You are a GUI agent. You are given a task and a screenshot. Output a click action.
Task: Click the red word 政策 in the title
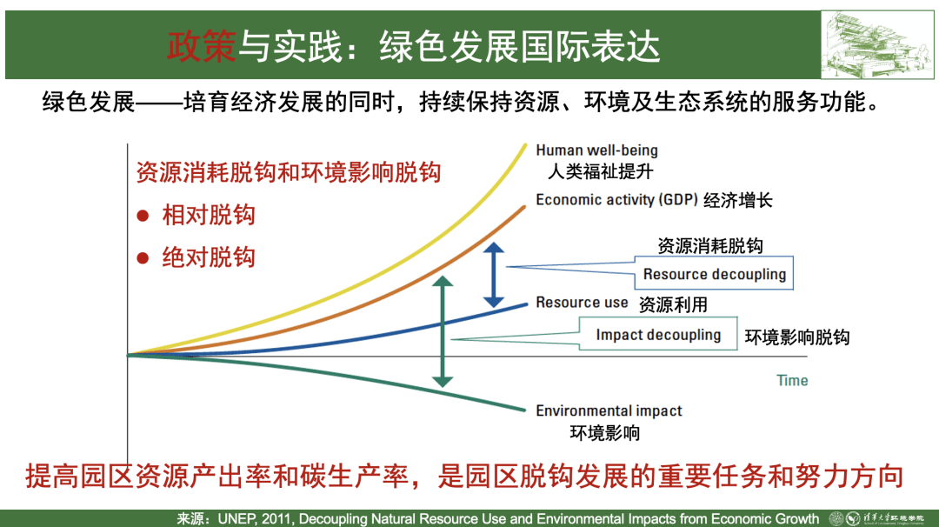(x=202, y=46)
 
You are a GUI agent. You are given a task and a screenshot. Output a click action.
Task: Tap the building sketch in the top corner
(x=876, y=44)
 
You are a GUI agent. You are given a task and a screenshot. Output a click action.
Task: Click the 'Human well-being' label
(x=596, y=150)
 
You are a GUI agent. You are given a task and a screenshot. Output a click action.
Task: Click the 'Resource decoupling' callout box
(x=714, y=274)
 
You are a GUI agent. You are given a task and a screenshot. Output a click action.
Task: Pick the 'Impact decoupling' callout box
(x=658, y=334)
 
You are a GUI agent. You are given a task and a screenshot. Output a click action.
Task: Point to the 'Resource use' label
(x=582, y=303)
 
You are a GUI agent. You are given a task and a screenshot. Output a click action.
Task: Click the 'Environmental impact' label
(x=609, y=410)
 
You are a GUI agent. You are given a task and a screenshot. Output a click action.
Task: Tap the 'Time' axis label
(x=792, y=380)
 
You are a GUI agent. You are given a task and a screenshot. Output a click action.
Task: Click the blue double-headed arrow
(x=494, y=276)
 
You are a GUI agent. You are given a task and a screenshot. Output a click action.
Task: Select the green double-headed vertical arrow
(x=443, y=332)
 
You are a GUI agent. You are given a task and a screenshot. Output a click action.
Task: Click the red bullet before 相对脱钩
(x=143, y=216)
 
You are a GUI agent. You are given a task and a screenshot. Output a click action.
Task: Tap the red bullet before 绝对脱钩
(x=143, y=258)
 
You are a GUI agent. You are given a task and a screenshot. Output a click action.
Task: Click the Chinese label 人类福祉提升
(x=600, y=172)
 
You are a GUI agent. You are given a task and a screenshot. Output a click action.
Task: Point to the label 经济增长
(x=738, y=200)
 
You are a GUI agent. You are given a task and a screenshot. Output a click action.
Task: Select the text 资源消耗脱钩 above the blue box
(x=710, y=245)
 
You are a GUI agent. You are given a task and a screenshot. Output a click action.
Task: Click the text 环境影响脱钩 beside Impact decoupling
(x=797, y=337)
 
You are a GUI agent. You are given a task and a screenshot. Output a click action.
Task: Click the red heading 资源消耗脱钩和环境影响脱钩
(x=289, y=172)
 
